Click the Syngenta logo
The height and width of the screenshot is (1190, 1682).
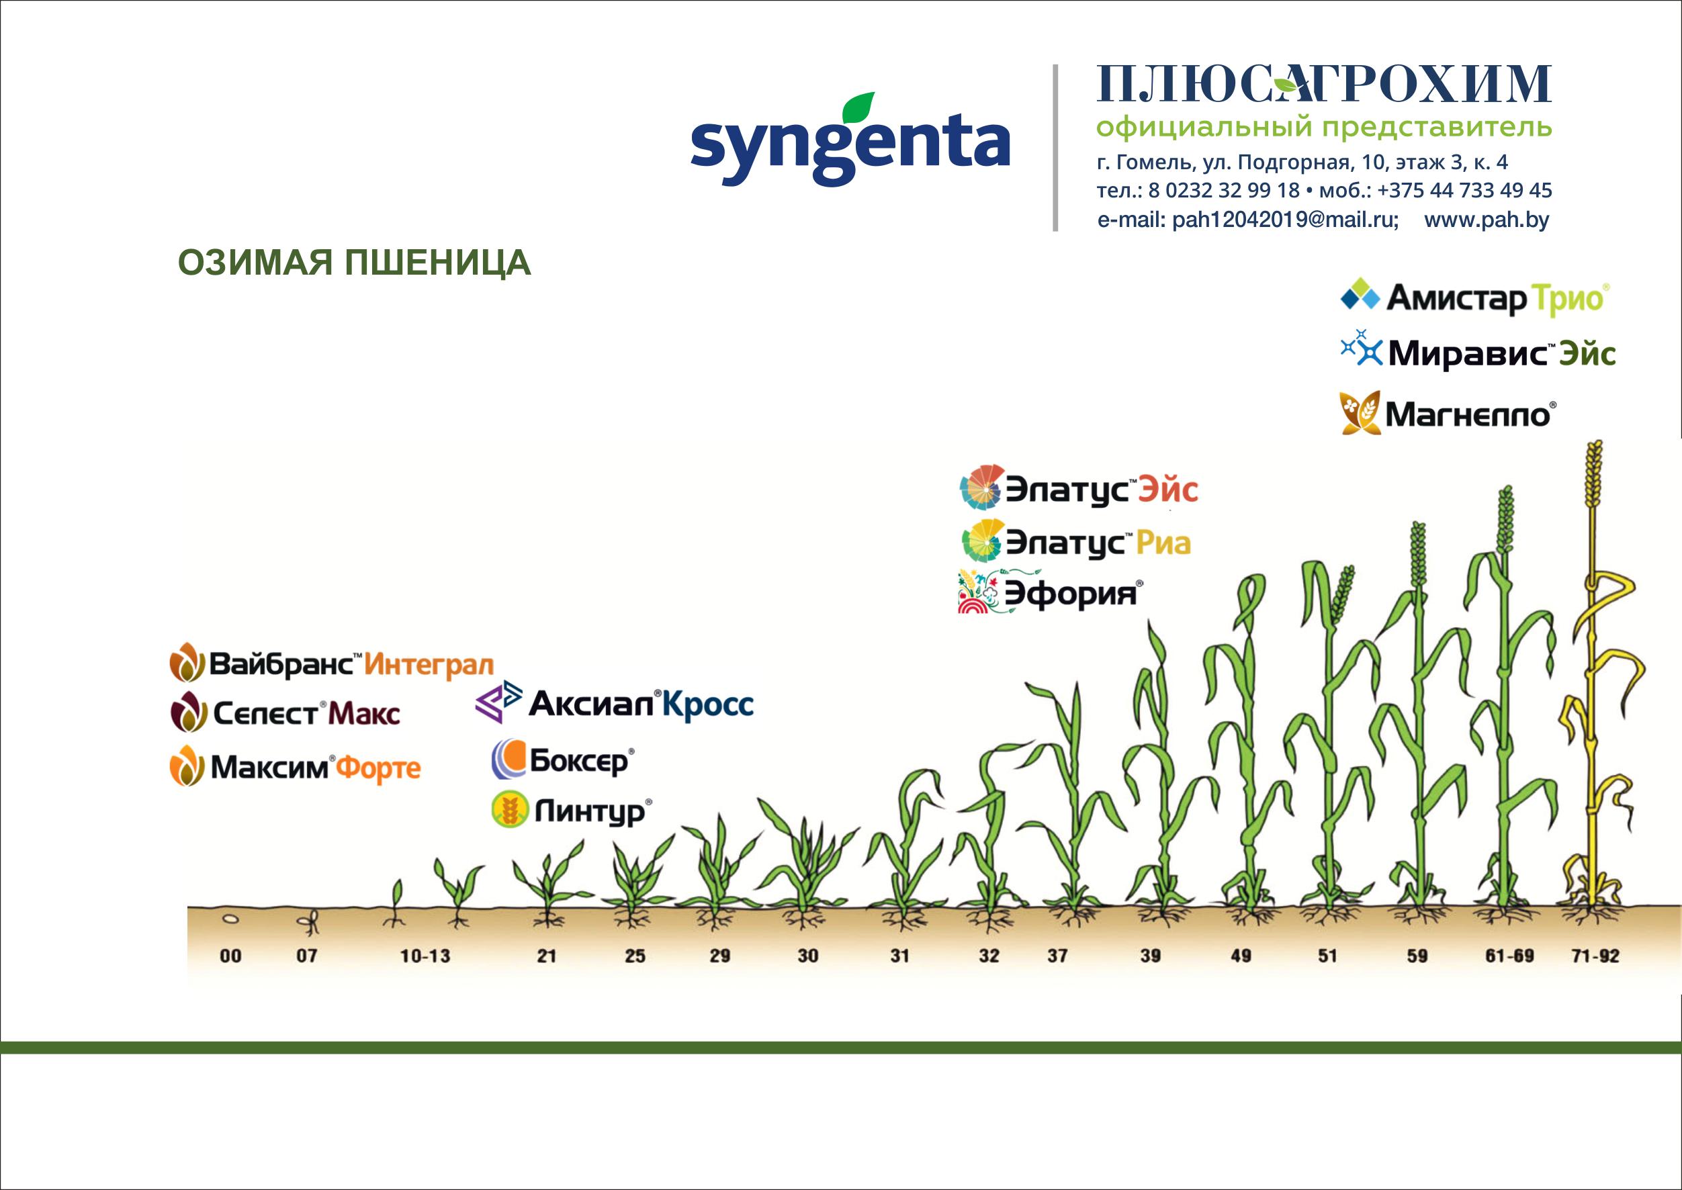[x=850, y=138]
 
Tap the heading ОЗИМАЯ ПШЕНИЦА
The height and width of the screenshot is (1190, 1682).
[x=354, y=263]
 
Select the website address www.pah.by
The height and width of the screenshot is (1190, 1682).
[x=1487, y=220]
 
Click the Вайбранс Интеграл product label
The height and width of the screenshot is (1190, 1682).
[x=331, y=664]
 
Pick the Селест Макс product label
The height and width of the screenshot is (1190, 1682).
[x=285, y=713]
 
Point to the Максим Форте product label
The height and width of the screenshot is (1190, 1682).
[x=296, y=766]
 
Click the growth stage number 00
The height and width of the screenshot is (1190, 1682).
[x=231, y=956]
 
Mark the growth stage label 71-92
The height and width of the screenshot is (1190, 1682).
[x=1595, y=956]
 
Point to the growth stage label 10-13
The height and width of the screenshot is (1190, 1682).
[x=425, y=956]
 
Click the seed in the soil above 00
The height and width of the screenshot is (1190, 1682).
[x=230, y=918]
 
